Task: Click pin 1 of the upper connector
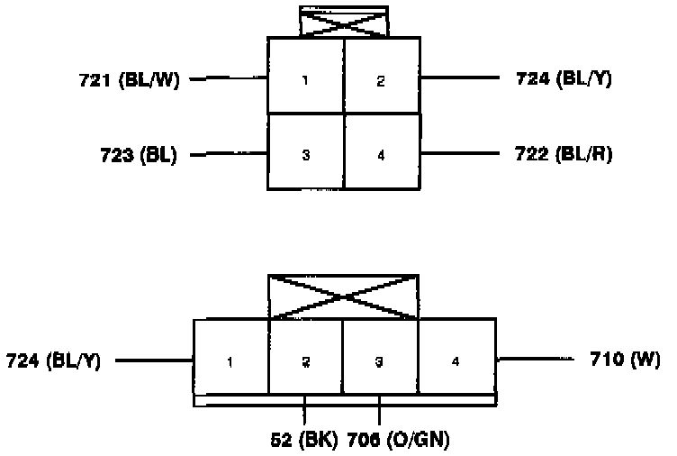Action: pos(305,80)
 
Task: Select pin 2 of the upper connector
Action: pos(381,80)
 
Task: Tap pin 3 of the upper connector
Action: pos(305,155)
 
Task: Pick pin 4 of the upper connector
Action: pos(381,155)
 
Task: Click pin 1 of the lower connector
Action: pos(231,361)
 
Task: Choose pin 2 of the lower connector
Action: pos(305,361)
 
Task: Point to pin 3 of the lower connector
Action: pos(380,361)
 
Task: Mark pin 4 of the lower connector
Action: pos(456,361)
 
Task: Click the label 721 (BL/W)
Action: pos(130,80)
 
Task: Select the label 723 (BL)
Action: pos(139,154)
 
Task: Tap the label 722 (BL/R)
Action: pos(564,154)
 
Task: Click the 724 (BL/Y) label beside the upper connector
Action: pos(564,79)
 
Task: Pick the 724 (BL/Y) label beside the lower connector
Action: pos(53,361)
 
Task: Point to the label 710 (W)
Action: pos(624,360)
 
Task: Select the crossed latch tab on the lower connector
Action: pos(344,297)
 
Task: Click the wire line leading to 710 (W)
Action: pos(536,360)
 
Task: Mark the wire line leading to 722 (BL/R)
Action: pos(459,154)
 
